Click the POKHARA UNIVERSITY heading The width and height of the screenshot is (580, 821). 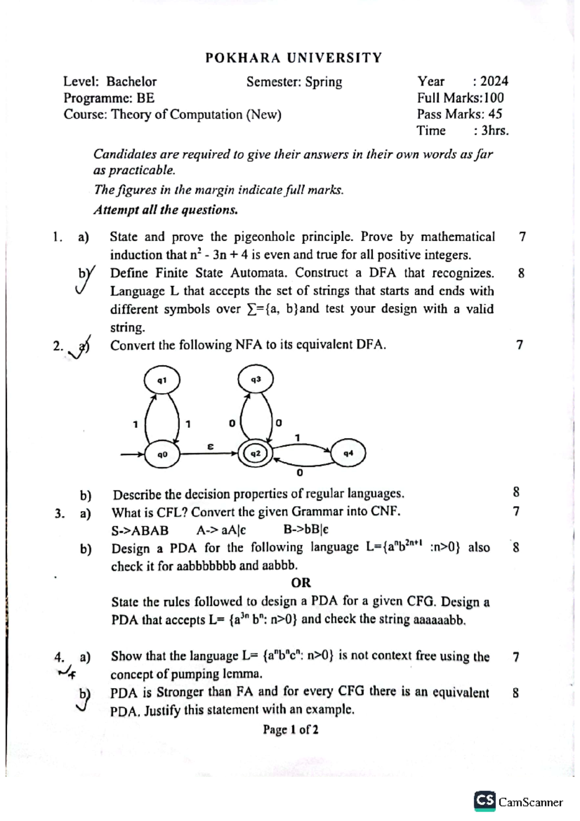(293, 58)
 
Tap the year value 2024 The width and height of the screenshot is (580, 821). (494, 81)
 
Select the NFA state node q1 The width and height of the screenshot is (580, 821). (162, 380)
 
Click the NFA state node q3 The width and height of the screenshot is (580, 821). (256, 380)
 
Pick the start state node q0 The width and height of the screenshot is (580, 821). (162, 454)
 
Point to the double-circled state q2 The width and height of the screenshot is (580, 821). (256, 454)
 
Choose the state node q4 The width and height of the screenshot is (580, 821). (348, 453)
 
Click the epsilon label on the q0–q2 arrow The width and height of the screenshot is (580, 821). (210, 447)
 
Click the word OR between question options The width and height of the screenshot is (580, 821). (301, 583)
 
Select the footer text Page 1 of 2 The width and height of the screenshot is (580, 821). (290, 730)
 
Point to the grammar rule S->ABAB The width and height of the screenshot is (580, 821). (140, 530)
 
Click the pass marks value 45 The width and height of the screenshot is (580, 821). (495, 114)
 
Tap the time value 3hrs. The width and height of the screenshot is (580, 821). (494, 131)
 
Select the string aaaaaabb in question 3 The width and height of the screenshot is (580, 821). (439, 620)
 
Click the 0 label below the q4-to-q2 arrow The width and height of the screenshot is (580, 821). (300, 473)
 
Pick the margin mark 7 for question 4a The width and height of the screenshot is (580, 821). (516, 657)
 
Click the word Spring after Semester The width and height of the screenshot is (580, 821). (323, 82)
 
